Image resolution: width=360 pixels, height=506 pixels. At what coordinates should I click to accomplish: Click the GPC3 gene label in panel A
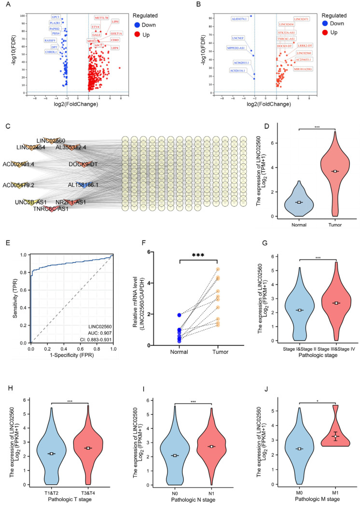click(x=56, y=16)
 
